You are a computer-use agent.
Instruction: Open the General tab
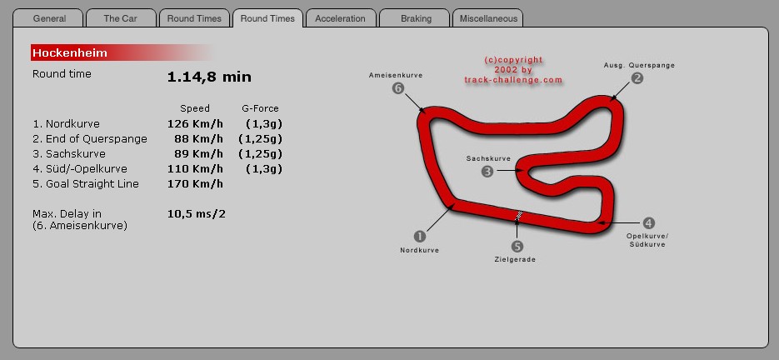coord(48,18)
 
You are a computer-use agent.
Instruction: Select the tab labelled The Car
coord(120,18)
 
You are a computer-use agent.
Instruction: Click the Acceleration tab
coord(340,18)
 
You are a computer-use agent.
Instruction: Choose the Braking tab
coord(416,18)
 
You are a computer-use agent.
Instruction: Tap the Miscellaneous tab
coord(488,18)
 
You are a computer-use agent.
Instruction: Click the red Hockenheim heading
coord(70,52)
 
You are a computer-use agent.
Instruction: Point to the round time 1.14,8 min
coord(209,77)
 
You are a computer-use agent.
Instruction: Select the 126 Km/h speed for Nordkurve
coord(195,124)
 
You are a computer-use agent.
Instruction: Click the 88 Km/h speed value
coord(199,138)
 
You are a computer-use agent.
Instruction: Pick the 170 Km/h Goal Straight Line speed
coord(195,184)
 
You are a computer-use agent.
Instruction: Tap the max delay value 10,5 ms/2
coord(197,214)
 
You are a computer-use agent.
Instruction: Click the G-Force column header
coord(260,108)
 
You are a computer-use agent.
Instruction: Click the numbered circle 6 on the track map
coord(398,88)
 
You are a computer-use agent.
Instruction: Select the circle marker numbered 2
coord(637,78)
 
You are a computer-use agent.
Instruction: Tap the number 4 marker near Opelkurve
coord(648,223)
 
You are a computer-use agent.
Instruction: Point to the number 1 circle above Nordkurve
coord(420,236)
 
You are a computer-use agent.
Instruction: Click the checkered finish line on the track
coord(518,216)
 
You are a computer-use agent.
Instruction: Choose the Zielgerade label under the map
coord(515,259)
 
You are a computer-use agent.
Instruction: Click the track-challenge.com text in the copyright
coord(513,80)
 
